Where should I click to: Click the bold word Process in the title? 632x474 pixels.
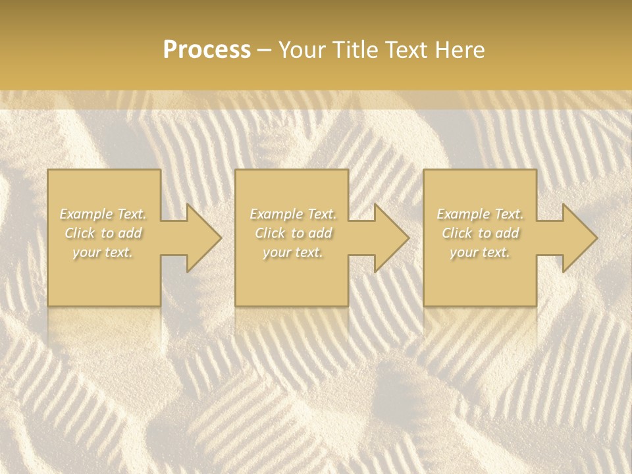coord(207,50)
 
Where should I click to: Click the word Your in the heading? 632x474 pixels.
coord(302,50)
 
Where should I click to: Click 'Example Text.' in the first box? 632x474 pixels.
coord(103,214)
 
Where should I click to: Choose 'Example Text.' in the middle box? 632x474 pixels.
coord(292,214)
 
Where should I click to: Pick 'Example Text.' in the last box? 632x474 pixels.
coord(480,214)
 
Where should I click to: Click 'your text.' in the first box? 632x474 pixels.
coord(103,252)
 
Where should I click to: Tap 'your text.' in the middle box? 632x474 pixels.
coord(292,252)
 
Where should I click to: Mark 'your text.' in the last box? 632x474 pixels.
coord(480,252)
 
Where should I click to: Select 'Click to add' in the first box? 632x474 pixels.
coord(103,233)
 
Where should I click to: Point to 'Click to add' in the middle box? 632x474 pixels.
coord(292,233)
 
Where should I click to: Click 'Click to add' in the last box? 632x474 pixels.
coord(480,233)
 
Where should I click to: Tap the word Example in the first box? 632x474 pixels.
coord(86,214)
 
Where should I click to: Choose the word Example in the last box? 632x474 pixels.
coord(463,214)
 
